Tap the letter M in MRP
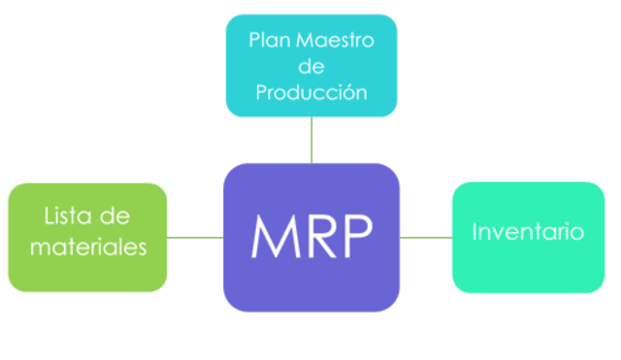271,236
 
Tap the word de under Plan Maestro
310,67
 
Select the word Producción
310,93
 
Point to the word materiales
87,246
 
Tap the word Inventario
528,232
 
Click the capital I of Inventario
474,232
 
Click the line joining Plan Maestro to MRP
311,140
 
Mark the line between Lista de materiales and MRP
195,236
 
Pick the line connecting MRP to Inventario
426,236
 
